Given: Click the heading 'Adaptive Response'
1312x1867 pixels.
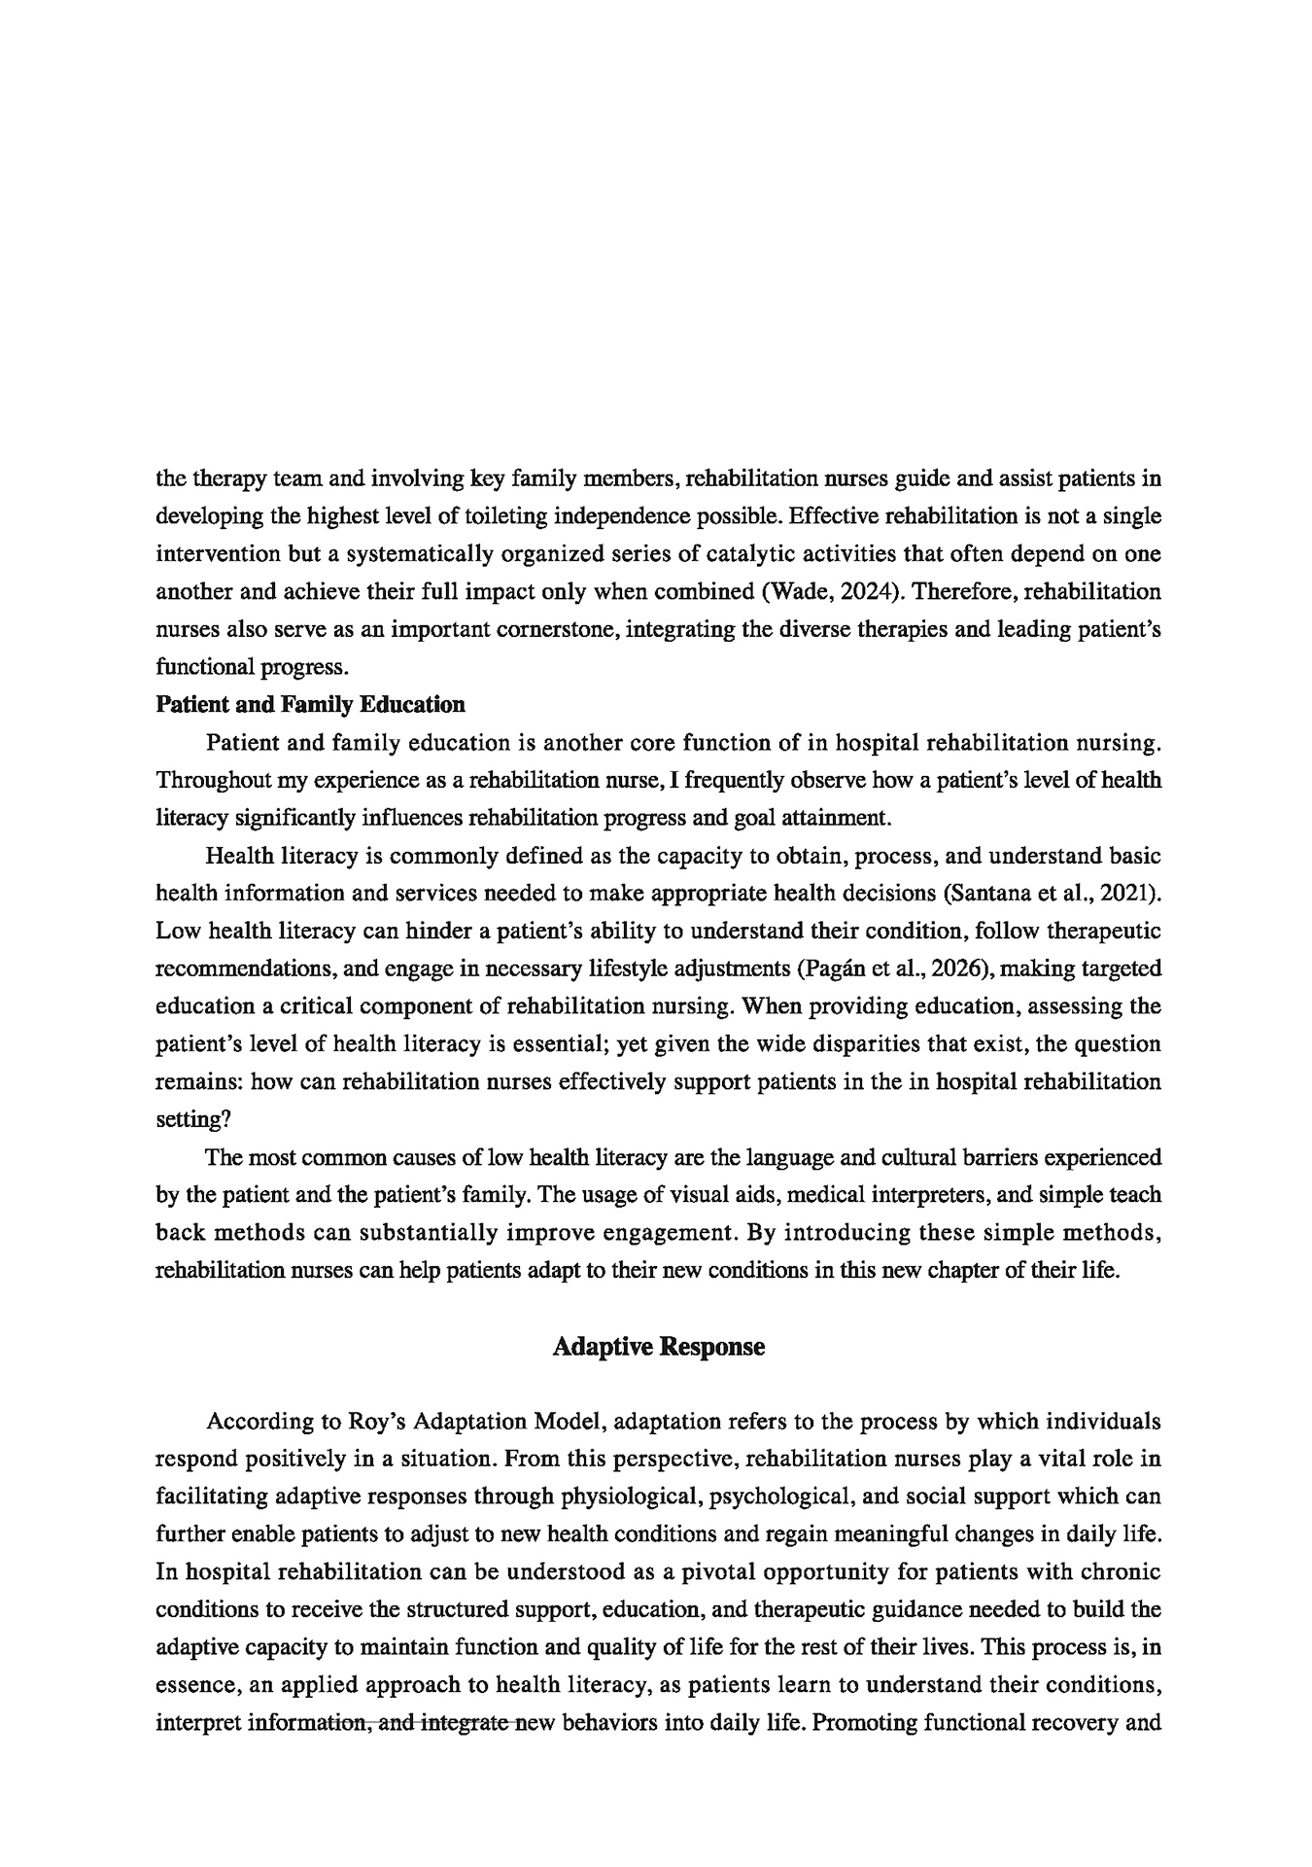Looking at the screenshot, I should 658,1347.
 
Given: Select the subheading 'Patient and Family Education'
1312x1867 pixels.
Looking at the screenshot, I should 310,704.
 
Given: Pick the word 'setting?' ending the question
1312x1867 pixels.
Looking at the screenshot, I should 193,1119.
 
